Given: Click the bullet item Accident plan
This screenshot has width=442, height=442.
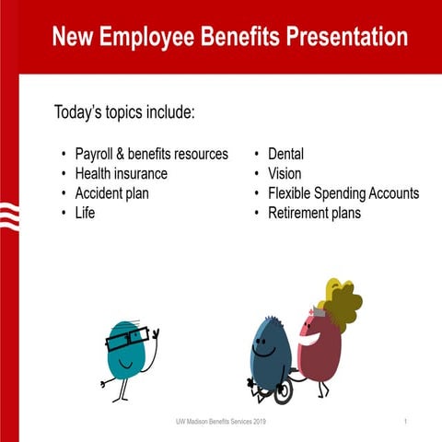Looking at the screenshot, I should (x=111, y=193).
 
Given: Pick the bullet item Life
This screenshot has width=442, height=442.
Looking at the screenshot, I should (x=85, y=213).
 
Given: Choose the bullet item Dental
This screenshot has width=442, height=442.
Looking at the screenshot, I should (x=285, y=154).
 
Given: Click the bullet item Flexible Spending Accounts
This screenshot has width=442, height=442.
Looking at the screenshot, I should (x=343, y=193).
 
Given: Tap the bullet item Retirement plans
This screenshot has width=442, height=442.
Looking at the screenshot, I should (x=314, y=213).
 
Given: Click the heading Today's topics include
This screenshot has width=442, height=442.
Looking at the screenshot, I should (x=124, y=113).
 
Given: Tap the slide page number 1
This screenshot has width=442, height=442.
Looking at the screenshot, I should (x=405, y=421).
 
